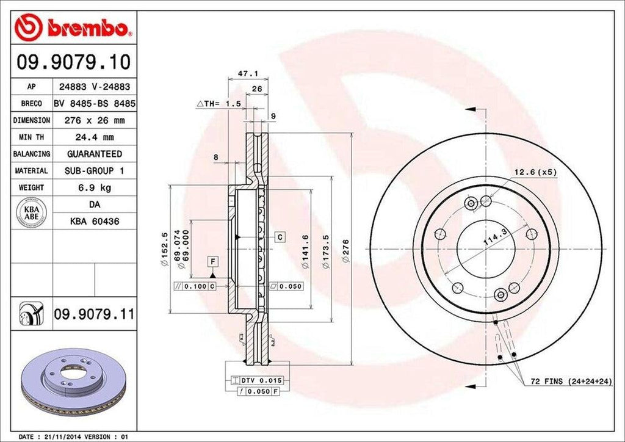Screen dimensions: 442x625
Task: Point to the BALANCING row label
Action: [32, 154]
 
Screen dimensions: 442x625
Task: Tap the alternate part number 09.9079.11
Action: [93, 314]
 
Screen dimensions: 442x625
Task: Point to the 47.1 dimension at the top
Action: [244, 73]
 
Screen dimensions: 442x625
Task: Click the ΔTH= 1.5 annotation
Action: [218, 104]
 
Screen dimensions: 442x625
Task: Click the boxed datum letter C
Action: [280, 236]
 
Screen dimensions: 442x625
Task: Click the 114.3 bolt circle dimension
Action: [496, 234]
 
